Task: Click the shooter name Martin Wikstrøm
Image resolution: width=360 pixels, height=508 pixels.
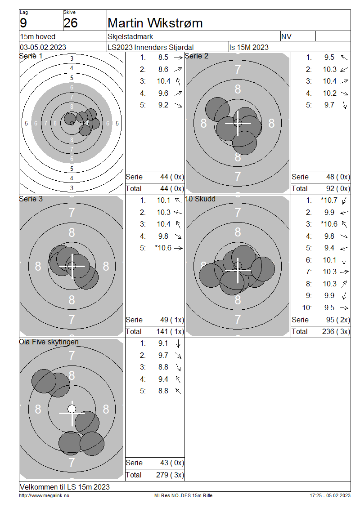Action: [x=155, y=23]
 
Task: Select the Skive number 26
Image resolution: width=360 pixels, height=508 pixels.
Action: [x=70, y=23]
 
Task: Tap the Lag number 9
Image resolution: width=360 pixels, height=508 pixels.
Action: [x=23, y=23]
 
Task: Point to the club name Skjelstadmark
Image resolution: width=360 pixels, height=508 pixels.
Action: [x=130, y=36]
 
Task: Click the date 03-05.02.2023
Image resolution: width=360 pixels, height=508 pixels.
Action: [x=43, y=47]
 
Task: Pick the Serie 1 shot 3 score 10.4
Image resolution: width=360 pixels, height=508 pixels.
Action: [x=163, y=81]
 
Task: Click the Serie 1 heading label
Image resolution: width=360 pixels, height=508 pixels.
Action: [x=31, y=56]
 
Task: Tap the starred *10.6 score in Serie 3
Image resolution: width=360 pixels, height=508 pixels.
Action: [x=163, y=248]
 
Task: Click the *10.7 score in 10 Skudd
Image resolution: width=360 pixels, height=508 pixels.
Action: [x=329, y=200]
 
